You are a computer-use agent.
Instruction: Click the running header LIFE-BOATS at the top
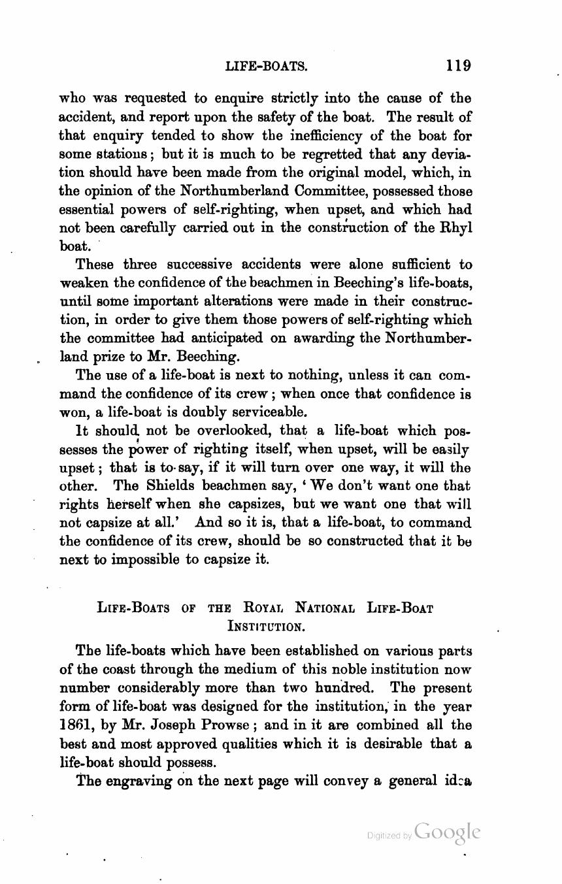(x=266, y=66)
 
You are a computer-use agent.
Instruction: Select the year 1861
(x=81, y=725)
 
